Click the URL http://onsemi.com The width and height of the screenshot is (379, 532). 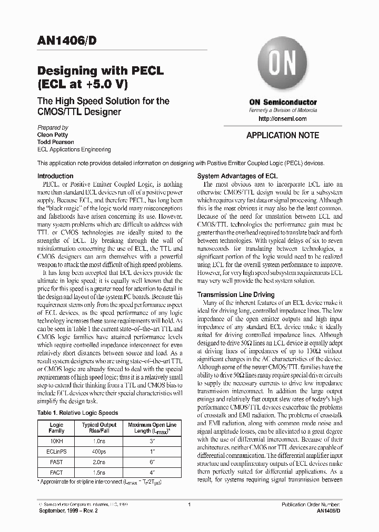283,119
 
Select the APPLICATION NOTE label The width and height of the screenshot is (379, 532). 283,135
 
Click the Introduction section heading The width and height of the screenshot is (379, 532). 55,176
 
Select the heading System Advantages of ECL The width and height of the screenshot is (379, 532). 237,176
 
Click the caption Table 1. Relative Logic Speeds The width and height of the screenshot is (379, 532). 77,413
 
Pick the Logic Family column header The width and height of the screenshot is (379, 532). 56,427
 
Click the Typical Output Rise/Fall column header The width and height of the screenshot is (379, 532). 99,427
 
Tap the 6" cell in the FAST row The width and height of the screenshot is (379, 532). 152,462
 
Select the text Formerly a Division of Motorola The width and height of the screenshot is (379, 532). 283,111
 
